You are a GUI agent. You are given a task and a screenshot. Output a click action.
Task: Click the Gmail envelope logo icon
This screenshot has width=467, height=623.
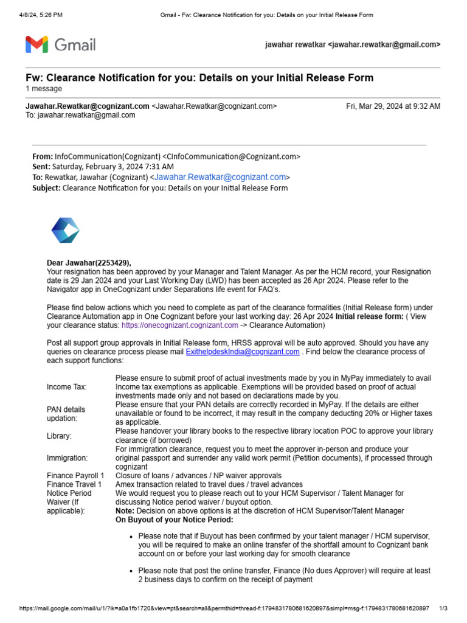click(x=37, y=44)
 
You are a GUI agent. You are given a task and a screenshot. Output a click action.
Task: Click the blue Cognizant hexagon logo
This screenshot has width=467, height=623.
click(x=65, y=231)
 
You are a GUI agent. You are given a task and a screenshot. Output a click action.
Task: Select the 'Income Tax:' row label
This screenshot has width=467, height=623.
click(x=67, y=387)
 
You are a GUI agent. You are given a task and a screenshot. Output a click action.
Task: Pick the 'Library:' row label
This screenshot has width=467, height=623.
click(x=59, y=436)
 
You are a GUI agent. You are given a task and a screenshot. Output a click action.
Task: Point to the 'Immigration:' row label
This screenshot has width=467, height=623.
click(x=67, y=458)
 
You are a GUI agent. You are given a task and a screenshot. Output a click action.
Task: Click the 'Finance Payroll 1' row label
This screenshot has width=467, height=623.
click(x=75, y=475)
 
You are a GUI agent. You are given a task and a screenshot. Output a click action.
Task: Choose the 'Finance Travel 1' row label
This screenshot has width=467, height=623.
click(x=74, y=484)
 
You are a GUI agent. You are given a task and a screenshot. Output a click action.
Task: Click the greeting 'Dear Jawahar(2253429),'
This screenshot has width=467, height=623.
click(x=89, y=263)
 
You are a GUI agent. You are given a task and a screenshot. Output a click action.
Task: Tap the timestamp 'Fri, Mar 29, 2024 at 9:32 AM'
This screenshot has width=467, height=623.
click(x=393, y=106)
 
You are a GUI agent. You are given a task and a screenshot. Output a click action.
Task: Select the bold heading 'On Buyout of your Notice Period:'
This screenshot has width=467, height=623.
click(x=175, y=520)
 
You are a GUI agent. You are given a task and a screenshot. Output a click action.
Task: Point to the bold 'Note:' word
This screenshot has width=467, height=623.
click(x=126, y=511)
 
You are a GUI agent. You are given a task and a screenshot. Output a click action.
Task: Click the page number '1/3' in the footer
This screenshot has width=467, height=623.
click(x=443, y=608)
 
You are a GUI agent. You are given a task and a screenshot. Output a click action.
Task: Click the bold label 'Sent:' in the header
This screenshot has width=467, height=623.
click(x=41, y=167)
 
